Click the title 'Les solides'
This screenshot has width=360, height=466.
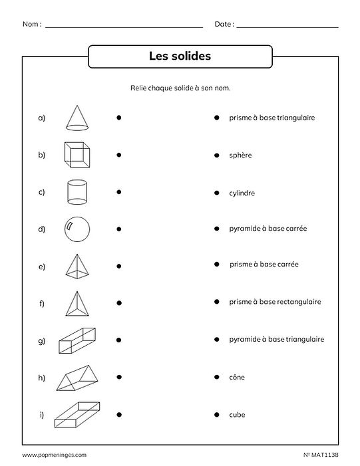180,57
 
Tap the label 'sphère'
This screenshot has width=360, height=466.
240,156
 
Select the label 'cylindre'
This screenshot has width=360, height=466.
242,193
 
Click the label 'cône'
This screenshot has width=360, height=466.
236,378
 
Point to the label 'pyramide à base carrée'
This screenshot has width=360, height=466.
264,229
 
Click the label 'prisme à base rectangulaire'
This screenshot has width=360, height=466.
275,302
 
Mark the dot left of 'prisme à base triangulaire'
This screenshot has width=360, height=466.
217,118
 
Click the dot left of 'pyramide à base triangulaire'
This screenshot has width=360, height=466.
217,340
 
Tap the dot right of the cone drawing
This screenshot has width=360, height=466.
118,118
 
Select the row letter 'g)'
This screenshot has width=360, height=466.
41,341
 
